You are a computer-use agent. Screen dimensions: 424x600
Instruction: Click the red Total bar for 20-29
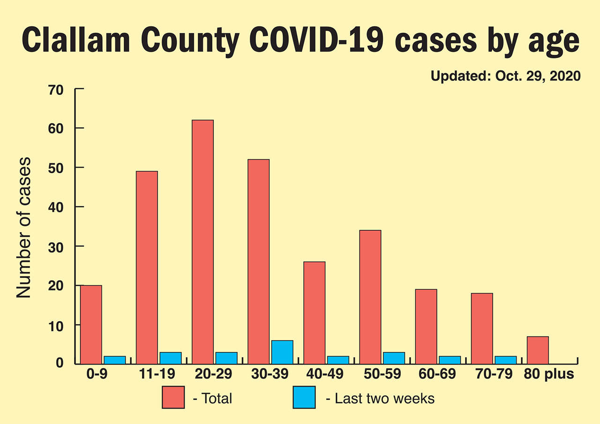(x=202, y=242)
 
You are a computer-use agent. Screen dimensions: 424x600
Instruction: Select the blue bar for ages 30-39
(x=282, y=352)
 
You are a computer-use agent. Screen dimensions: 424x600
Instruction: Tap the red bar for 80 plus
(x=538, y=350)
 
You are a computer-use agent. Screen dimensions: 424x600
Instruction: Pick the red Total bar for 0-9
(x=91, y=324)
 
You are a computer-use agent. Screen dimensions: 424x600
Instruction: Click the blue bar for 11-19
(x=170, y=358)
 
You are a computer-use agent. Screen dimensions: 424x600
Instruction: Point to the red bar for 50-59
(x=370, y=297)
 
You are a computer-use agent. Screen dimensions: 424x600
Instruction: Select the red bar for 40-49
(x=314, y=313)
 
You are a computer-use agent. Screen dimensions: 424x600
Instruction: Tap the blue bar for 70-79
(x=505, y=360)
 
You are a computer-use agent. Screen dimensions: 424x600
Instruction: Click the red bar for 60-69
(x=426, y=326)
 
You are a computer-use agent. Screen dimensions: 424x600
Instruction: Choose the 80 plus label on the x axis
(x=548, y=375)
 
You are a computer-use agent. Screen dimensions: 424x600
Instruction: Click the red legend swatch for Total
(x=173, y=397)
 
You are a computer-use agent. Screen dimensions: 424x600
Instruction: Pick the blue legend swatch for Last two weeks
(x=304, y=397)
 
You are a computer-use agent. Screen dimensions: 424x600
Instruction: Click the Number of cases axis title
(x=23, y=227)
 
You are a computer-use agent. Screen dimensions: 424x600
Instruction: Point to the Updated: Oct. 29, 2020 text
(x=505, y=76)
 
